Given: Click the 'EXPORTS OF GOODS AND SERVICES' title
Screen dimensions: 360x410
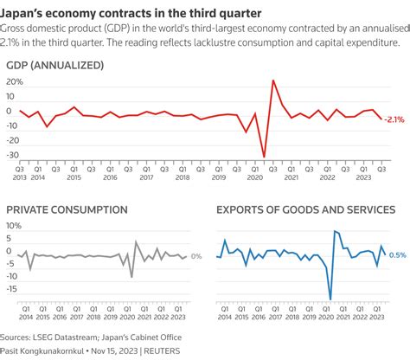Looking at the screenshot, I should [x=305, y=209].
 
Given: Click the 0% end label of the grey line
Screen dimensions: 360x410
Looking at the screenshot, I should [x=196, y=256].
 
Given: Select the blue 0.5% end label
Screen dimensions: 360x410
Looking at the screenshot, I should [x=398, y=254].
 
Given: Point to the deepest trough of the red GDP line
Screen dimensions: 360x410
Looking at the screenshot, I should [x=265, y=157].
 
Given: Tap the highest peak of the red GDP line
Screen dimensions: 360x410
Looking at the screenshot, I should [x=273, y=80].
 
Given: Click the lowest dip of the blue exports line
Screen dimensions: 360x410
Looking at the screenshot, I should [x=330, y=299].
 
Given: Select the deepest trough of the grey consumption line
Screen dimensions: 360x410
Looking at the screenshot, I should [x=131, y=277].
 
